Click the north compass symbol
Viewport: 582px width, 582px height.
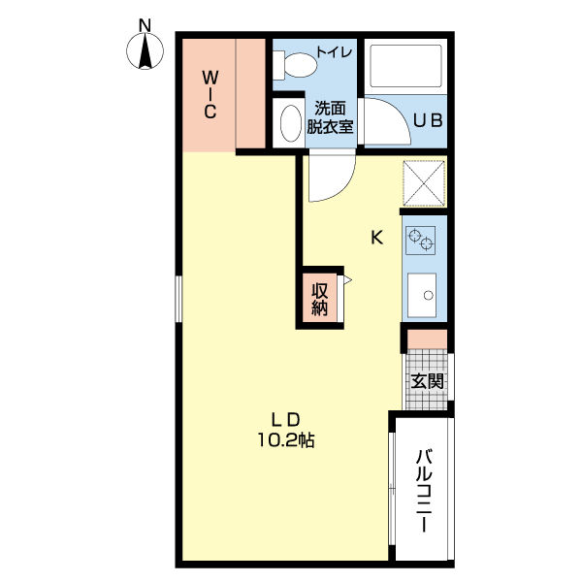tap(145, 50)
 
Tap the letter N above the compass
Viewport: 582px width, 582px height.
tap(145, 25)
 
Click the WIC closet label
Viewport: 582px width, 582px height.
tap(210, 95)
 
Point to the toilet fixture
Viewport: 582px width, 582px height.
tap(295, 65)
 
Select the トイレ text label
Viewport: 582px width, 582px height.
tap(334, 51)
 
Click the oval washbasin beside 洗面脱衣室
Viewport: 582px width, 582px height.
tap(291, 123)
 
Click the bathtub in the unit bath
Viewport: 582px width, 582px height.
tap(406, 66)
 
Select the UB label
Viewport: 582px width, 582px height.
tap(428, 120)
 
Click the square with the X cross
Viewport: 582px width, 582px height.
tap(424, 183)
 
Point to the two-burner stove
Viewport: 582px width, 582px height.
tap(421, 241)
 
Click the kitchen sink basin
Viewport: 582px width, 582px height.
tap(422, 295)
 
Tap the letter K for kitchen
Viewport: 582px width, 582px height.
tap(377, 238)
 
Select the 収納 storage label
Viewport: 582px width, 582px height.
tap(319, 299)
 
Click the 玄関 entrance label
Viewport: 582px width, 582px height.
tap(427, 381)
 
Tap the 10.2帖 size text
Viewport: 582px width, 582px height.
tap(286, 440)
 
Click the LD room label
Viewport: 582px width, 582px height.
tap(285, 420)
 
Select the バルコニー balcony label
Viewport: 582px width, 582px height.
tap(424, 491)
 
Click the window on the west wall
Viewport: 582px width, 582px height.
tap(178, 299)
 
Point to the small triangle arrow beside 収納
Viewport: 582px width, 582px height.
tap(347, 280)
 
